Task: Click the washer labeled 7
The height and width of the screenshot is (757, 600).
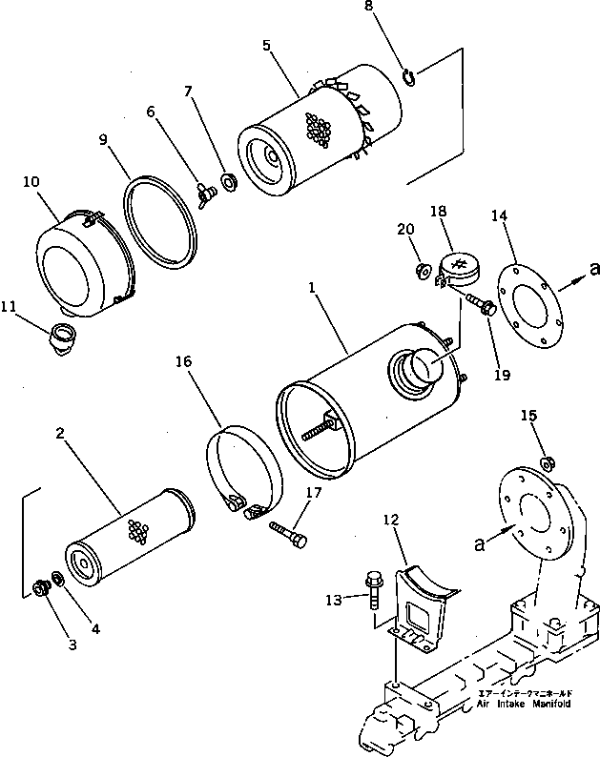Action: coord(229,180)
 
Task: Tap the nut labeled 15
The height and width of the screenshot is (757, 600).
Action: coord(548,464)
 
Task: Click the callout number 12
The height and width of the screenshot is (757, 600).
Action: coord(391,521)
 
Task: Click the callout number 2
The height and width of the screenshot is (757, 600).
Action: coord(60,434)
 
